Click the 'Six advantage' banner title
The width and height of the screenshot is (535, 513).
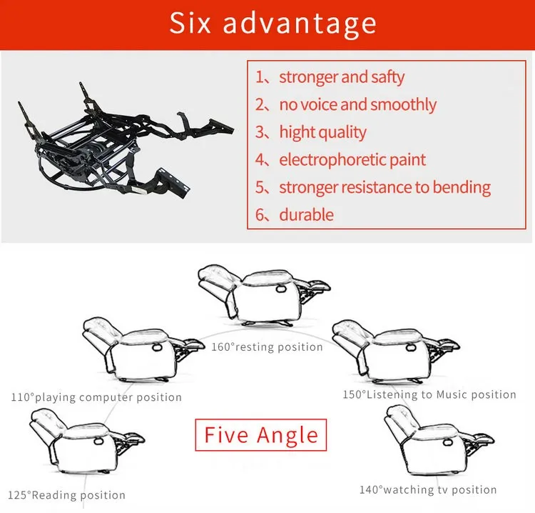pos(272,24)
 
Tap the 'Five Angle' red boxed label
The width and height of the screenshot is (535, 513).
pos(260,434)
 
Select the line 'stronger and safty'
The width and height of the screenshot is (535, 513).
pos(342,77)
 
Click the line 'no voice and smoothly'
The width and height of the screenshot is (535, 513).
pos(357,104)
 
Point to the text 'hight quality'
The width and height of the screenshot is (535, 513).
pos(322,132)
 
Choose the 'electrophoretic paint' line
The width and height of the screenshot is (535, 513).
pos(352,159)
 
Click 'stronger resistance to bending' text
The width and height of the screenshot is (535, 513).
pos(384,187)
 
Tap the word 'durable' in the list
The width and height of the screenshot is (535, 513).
pos(306,214)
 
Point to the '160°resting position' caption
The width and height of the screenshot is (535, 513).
pos(267,347)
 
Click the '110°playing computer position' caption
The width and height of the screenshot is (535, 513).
pos(96,397)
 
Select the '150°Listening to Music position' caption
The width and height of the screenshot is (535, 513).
pos(429,394)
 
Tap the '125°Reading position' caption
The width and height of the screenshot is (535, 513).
pos(67,495)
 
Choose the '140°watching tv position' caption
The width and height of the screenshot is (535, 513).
pos(428,489)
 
